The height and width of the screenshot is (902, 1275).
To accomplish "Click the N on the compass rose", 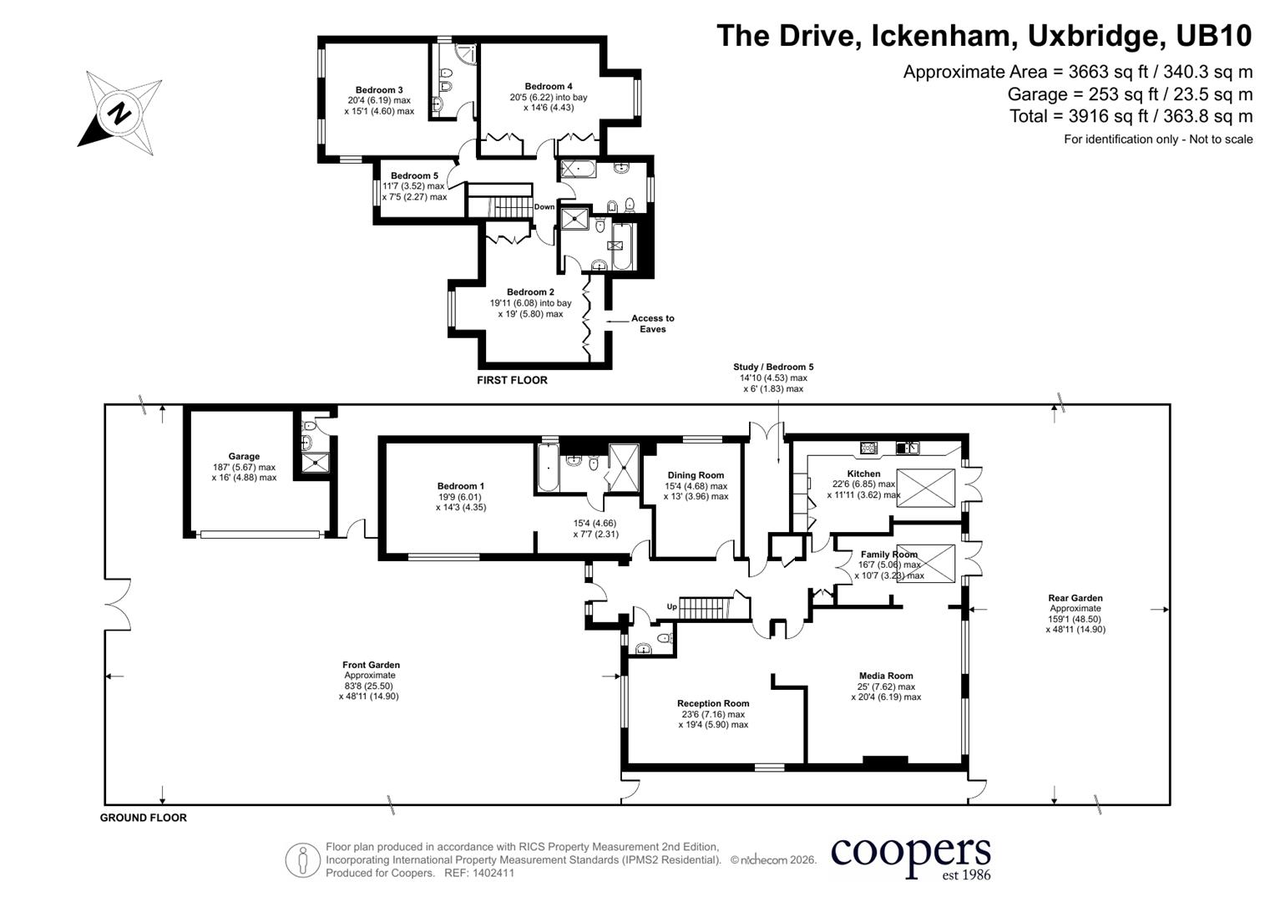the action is point(119,114).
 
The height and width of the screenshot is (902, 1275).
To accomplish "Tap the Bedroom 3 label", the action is point(379,90).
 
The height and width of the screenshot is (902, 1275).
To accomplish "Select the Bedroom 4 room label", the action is point(548,87).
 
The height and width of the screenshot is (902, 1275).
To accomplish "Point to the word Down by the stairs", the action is point(544,207).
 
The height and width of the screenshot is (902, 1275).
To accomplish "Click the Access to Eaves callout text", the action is point(652,323).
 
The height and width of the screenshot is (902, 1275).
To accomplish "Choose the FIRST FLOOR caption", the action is point(512,380).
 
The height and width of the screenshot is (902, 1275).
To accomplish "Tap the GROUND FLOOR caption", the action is point(143,818).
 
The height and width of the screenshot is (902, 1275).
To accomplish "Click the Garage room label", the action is point(244,456).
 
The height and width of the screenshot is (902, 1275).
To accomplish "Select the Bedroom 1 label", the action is point(460,486).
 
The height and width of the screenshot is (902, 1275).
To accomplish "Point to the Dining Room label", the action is point(696,475).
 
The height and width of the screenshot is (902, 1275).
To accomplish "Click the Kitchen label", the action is point(863,474).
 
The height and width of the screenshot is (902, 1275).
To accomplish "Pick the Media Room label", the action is point(886,676).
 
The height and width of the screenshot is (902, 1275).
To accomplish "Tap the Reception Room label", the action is point(712,703).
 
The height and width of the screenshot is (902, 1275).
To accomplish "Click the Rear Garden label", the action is point(1075,598).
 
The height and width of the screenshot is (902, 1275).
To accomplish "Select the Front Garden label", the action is point(371,665).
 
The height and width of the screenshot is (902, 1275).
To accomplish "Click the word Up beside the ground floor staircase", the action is point(671,606).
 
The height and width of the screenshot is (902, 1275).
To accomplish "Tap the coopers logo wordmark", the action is point(910,853).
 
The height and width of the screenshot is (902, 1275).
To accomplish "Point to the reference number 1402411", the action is point(492,873).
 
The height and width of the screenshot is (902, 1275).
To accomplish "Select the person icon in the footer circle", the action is point(303,860).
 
